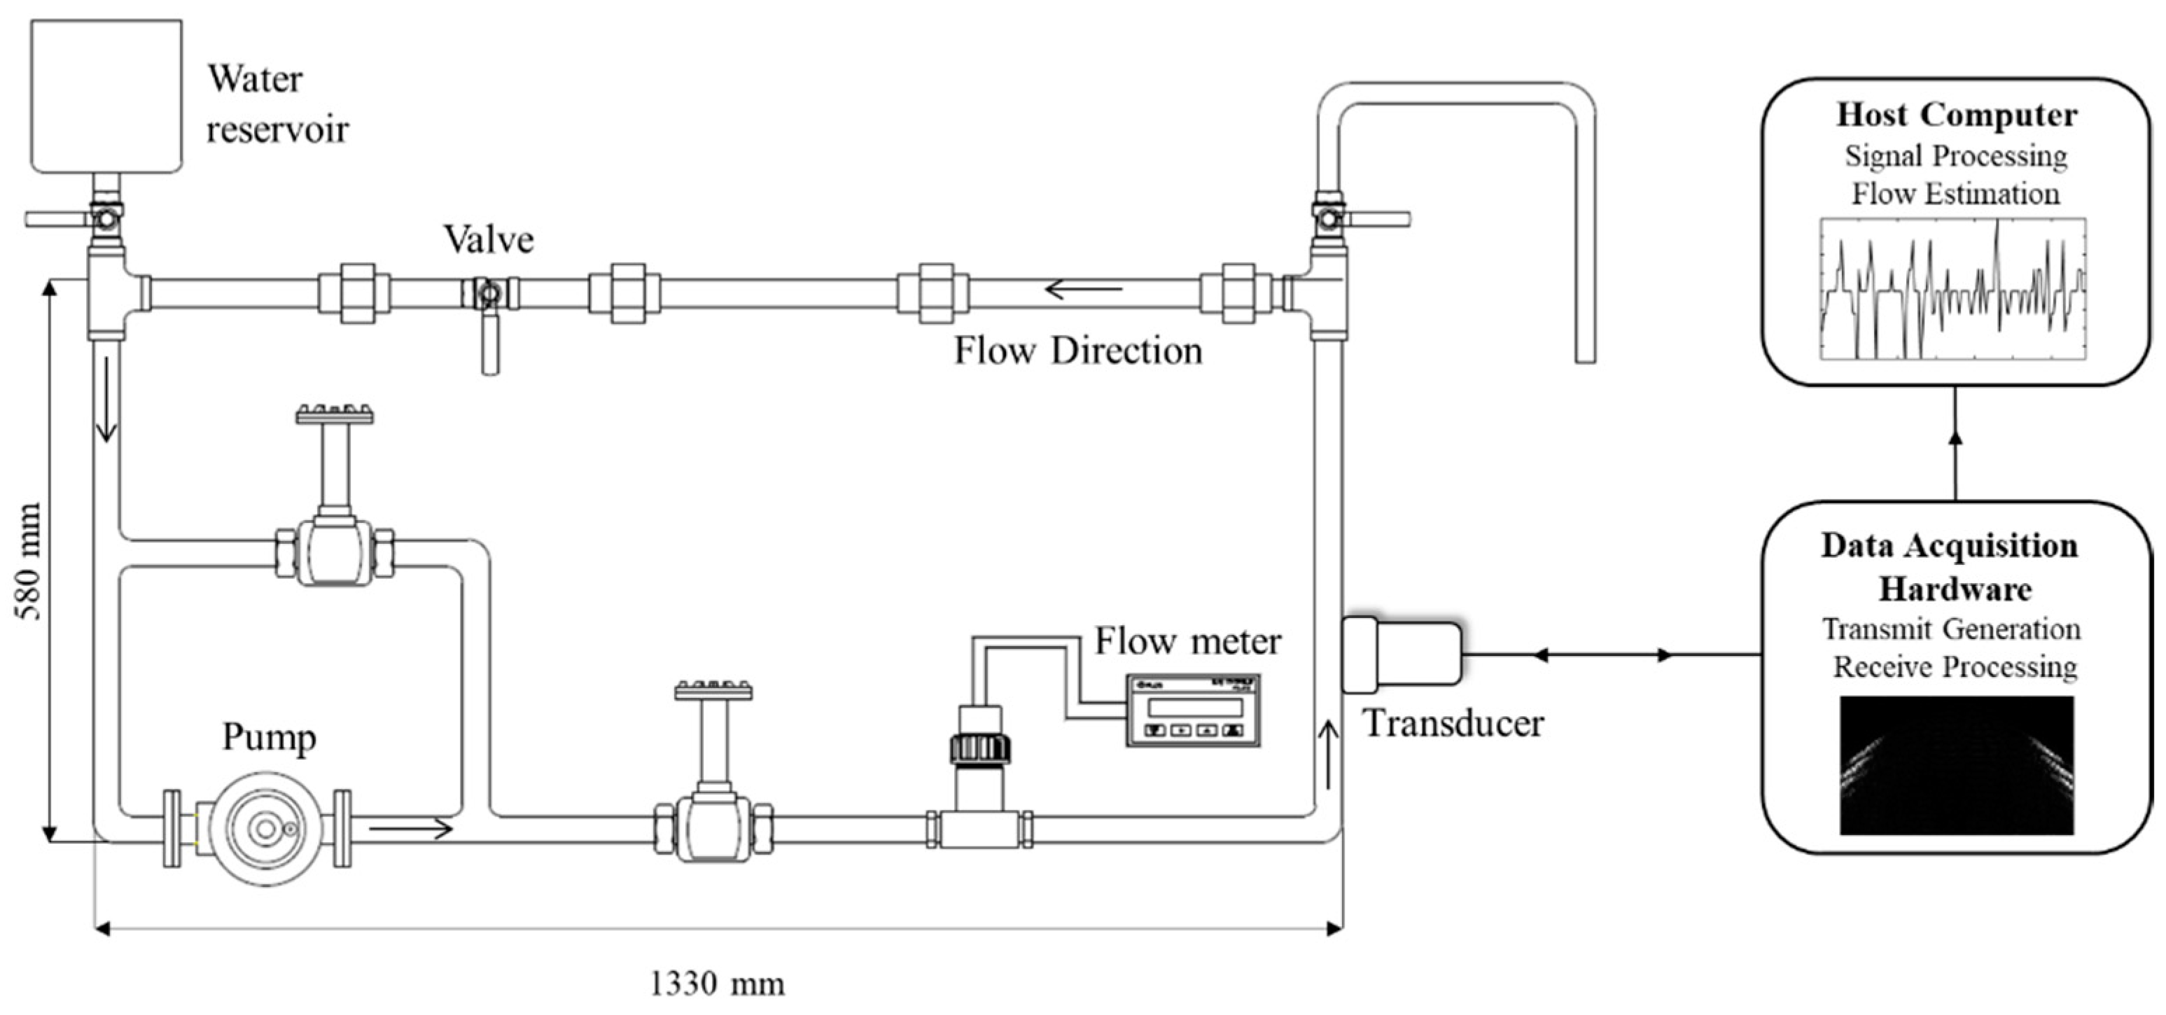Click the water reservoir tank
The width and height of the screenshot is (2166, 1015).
coord(106,96)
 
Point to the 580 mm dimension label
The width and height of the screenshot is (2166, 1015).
coord(29,561)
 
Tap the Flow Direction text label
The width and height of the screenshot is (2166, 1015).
coord(1077,351)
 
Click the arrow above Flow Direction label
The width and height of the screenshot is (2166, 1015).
coord(1084,290)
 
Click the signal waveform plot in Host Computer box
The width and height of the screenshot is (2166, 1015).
coord(1952,288)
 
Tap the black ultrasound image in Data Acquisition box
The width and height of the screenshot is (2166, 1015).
coord(1956,764)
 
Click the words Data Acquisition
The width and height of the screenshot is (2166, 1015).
coord(1949,546)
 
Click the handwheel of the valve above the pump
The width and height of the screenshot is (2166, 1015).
coord(335,414)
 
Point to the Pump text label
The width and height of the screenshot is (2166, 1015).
coord(269,738)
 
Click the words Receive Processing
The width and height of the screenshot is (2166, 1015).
coord(1954,667)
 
